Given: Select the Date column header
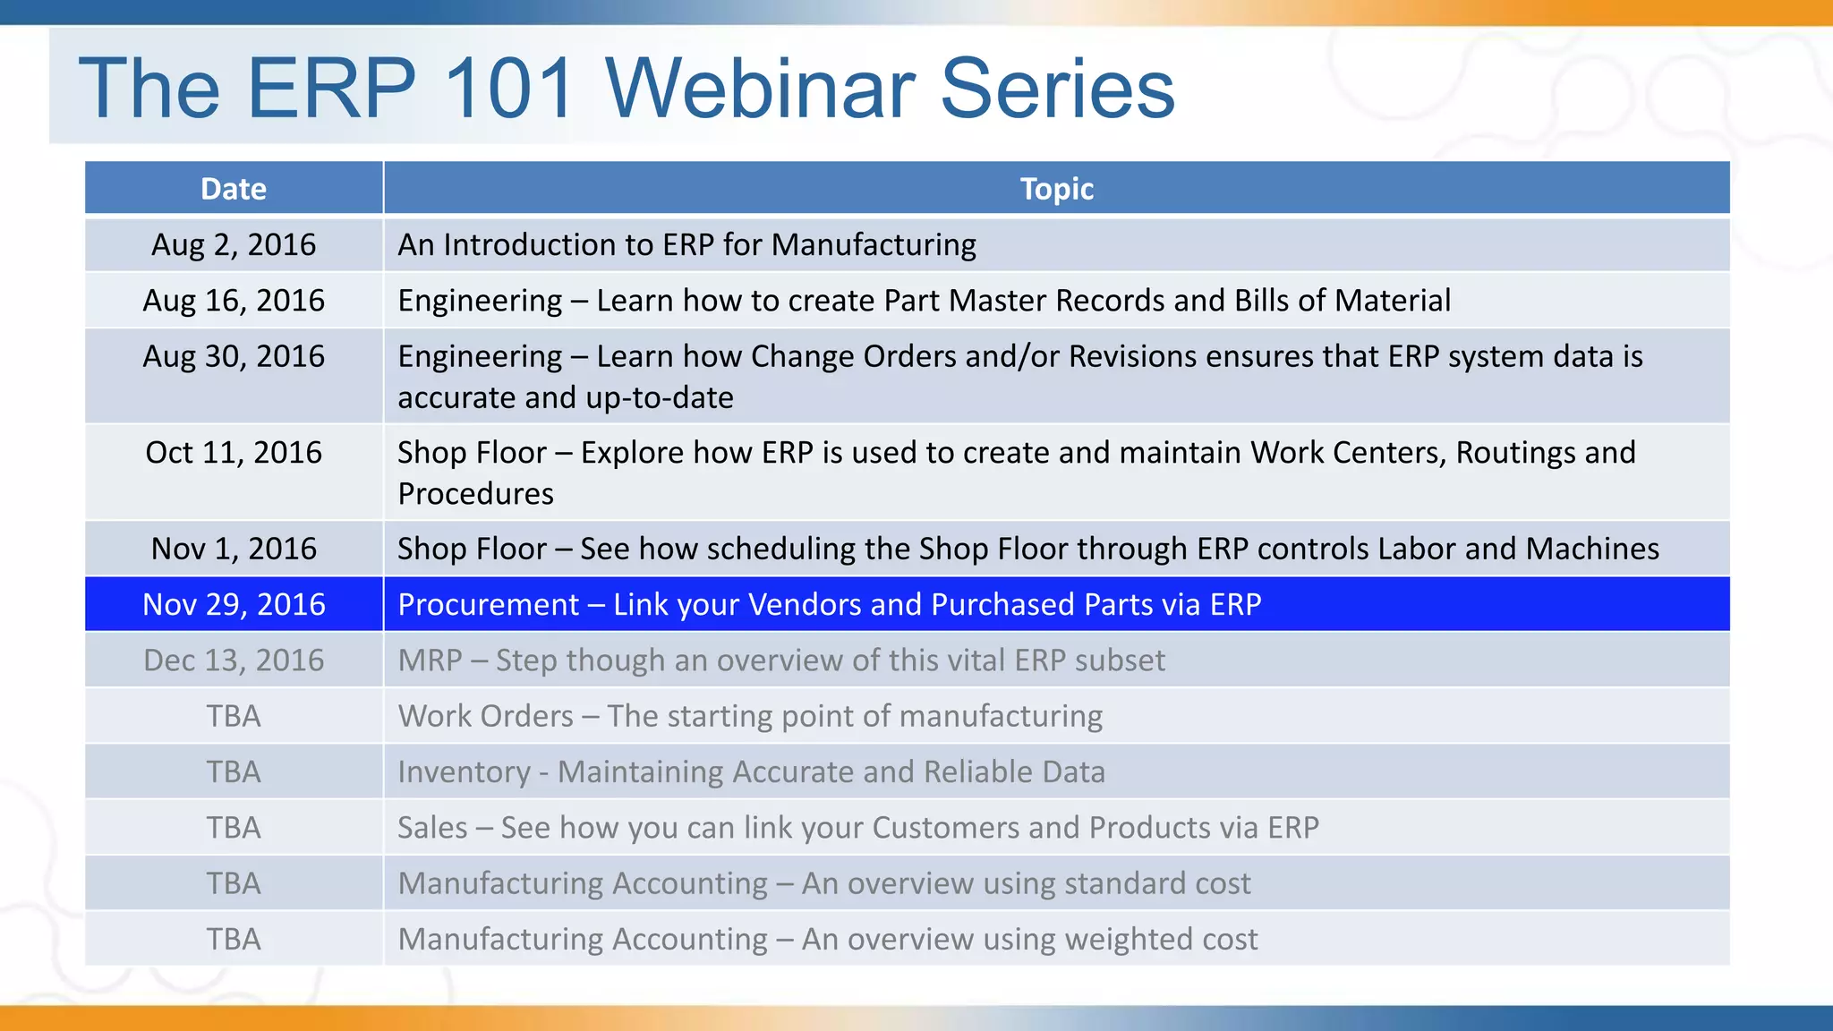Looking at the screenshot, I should pos(234,189).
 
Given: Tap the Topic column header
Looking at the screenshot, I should pos(1056,189).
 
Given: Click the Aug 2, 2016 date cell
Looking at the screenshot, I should pos(234,244).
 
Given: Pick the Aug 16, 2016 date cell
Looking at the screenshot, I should pos(234,300).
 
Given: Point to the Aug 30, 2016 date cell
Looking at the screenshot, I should pos(234,356).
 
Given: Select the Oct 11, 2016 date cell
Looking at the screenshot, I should pos(234,452).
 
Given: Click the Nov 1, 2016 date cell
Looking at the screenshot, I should pos(234,548).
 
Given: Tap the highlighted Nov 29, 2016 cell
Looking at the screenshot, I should pos(234,604).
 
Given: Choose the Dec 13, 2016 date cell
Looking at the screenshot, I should pos(234,660).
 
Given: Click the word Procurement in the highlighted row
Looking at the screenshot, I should pos(489,605).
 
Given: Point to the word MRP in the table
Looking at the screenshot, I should pos(430,660).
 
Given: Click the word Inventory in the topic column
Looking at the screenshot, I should pos(464,772).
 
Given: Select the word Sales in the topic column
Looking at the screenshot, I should pos(432,828).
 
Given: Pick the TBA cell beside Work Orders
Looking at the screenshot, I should pos(234,716).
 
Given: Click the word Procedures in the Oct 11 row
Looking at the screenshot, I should pos(475,494).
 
